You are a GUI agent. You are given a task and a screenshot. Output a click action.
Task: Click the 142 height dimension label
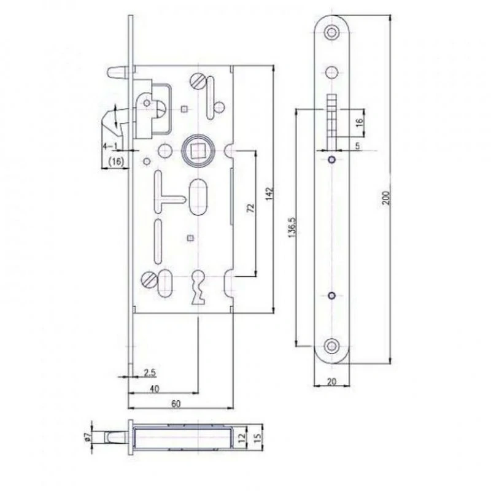270,193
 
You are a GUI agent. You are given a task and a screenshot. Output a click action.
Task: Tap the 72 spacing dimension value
251,208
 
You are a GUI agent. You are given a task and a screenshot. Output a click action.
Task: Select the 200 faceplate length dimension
387,198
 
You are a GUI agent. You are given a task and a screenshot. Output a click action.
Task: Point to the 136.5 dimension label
292,227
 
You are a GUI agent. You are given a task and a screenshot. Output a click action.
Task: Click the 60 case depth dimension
176,404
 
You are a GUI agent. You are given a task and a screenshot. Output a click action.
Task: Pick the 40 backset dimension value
155,389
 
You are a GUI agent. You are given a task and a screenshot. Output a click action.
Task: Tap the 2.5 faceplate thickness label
150,373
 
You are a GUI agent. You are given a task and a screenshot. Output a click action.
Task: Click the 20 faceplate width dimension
331,381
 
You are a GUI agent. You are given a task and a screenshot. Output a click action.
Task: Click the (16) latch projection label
116,161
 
